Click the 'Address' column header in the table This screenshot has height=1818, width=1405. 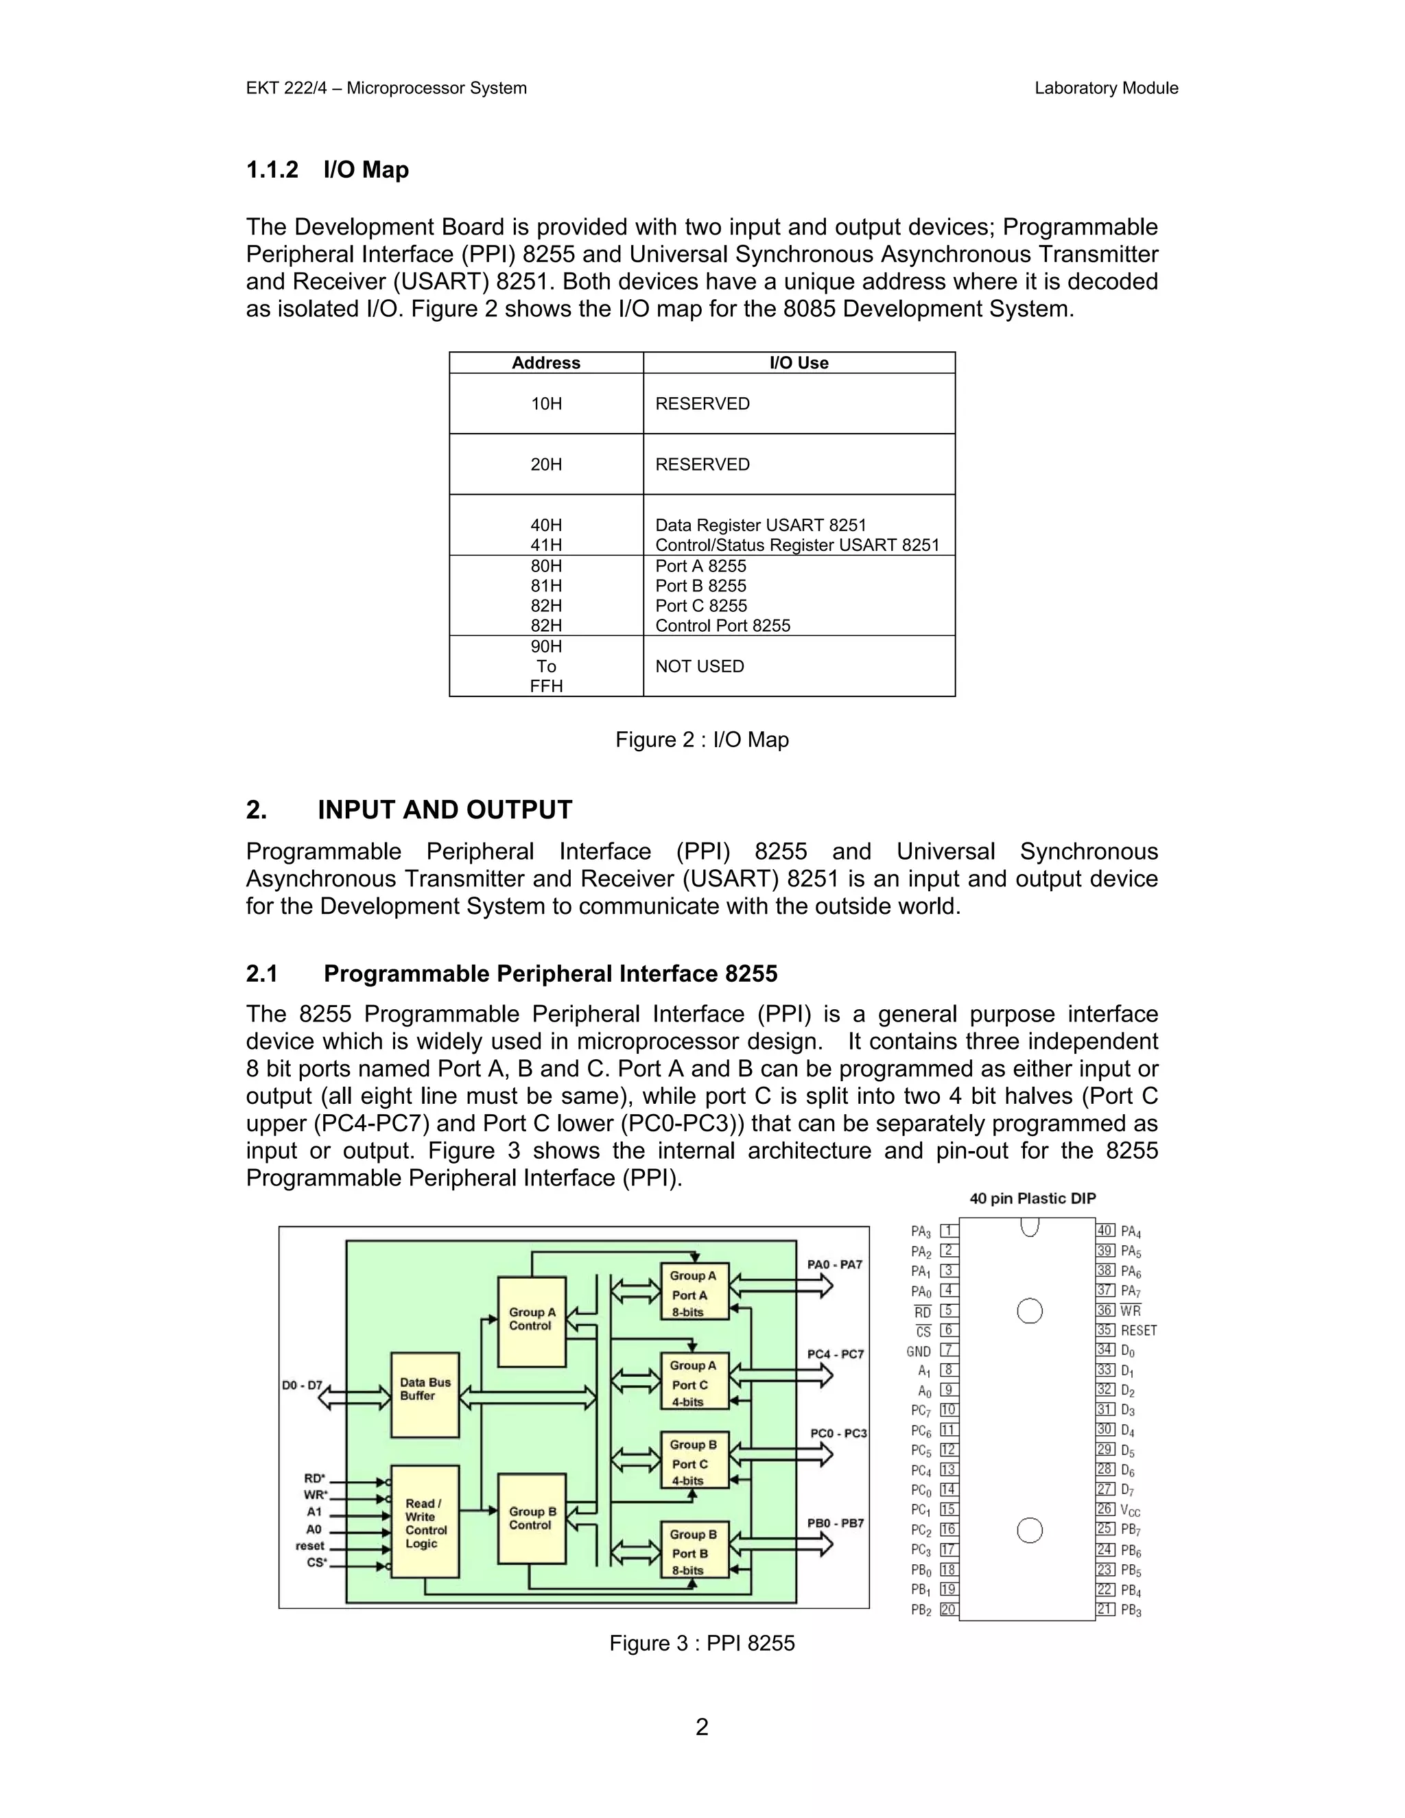(x=546, y=363)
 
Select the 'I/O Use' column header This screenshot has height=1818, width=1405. (x=799, y=363)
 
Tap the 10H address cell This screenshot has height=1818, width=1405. (x=546, y=403)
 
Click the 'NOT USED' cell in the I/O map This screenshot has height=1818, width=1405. (x=699, y=666)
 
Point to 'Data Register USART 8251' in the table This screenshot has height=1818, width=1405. (x=761, y=526)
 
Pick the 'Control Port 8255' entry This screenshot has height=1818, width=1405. (x=722, y=626)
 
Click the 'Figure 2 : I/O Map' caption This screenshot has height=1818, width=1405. (x=702, y=740)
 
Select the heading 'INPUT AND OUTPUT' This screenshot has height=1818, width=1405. (x=445, y=810)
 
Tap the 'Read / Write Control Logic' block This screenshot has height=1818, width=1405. (x=425, y=1523)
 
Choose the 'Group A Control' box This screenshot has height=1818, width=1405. (x=532, y=1319)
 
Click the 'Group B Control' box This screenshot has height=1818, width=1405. (x=532, y=1518)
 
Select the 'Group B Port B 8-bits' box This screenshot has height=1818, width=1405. (x=694, y=1553)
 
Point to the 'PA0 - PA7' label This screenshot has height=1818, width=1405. (x=835, y=1264)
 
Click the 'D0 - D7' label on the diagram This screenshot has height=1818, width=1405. (x=301, y=1386)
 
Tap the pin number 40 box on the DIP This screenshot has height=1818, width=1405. (x=1105, y=1230)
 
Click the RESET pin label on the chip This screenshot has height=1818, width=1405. (x=1139, y=1331)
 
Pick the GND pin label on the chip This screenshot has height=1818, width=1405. (x=919, y=1351)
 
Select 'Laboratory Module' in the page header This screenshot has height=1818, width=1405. (x=1105, y=88)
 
